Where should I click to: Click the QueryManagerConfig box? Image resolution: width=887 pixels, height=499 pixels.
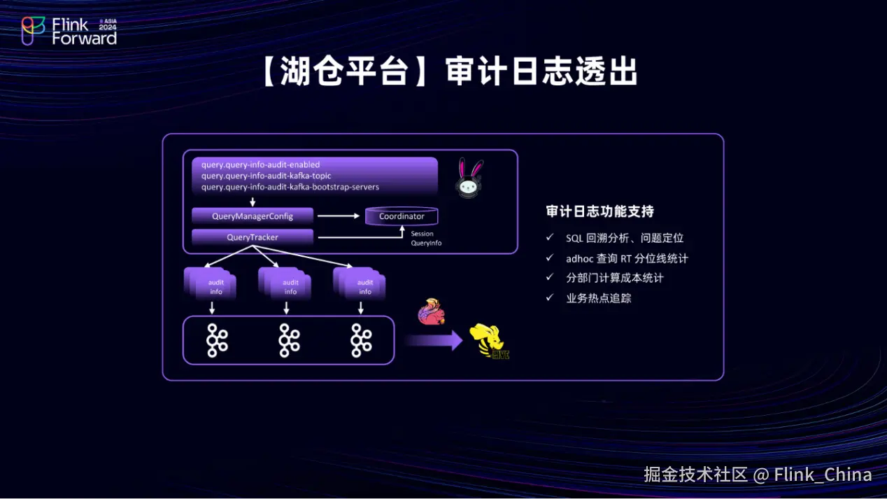pos(253,216)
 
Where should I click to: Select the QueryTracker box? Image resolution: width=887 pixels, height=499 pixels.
pos(253,237)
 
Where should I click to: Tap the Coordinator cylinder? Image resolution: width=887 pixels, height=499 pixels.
pos(402,216)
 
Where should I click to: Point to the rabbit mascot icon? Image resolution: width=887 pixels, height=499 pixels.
pos(470,178)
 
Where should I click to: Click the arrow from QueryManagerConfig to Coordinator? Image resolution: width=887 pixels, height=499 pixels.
pos(338,216)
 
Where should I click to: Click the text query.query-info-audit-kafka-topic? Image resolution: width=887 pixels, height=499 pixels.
pos(267,176)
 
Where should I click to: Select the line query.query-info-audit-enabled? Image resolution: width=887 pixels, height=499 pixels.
pos(260,164)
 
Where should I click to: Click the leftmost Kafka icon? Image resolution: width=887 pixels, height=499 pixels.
pos(217,340)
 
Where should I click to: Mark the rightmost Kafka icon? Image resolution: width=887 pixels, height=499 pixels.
pos(361,340)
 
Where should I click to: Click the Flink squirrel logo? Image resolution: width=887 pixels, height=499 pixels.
pos(431,313)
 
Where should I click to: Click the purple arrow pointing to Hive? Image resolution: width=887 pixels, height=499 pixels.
pos(434,341)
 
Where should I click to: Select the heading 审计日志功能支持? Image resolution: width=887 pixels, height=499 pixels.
pos(599,211)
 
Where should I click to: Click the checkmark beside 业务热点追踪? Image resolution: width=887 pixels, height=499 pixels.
pos(550,298)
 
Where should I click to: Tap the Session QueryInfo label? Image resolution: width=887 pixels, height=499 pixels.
pos(426,239)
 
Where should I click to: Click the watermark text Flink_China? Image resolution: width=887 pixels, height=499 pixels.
pos(823,475)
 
